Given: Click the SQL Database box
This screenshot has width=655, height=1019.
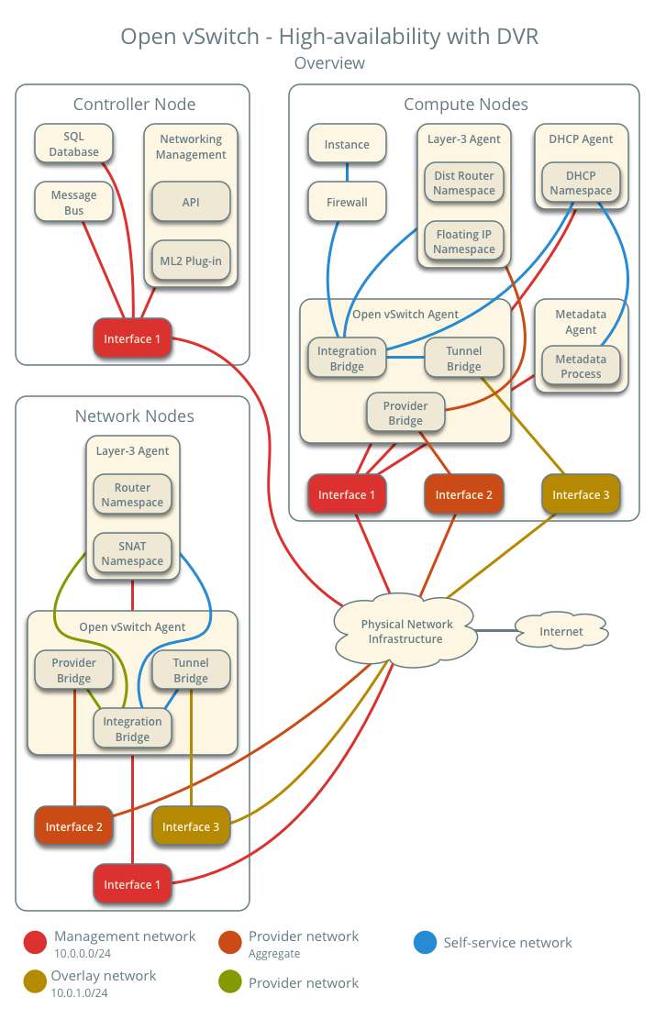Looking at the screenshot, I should [73, 144].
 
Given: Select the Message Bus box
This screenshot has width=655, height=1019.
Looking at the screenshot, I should [73, 203].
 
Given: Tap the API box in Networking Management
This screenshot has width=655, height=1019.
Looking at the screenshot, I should [191, 202].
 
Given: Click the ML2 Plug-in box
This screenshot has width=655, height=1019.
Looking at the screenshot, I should [191, 260].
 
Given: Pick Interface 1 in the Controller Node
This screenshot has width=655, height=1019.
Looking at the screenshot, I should [132, 338].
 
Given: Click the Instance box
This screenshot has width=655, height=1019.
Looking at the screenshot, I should [347, 144].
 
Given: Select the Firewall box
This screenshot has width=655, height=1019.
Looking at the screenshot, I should [347, 202].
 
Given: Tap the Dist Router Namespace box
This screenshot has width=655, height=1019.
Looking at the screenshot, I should [464, 183].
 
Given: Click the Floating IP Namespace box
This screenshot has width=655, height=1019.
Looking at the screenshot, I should [464, 241].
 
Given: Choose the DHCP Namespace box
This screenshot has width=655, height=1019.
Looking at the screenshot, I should [581, 183].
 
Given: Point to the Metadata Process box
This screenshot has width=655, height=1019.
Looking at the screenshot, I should [581, 366].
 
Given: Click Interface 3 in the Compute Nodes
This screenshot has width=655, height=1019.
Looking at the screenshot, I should [581, 494].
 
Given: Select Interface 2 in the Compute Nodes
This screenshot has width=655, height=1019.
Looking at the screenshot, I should [464, 494].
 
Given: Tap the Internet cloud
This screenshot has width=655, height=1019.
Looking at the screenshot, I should [561, 631].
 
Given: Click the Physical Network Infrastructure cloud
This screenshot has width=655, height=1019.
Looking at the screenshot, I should [405, 631].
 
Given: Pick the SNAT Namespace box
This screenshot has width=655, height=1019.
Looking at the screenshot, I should [132, 553].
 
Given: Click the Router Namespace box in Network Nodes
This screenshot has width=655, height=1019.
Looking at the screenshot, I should [132, 494].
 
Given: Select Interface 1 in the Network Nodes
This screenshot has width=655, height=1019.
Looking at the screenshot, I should [132, 884].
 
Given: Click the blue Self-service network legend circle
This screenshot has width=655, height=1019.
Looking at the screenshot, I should [425, 943].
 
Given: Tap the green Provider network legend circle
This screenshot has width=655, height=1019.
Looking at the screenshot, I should [230, 983].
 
